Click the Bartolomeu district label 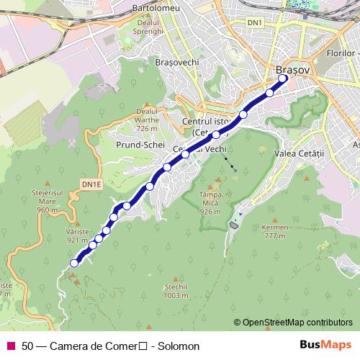click(x=155, y=8)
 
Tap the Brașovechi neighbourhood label click(x=176, y=63)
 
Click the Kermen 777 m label click(x=275, y=231)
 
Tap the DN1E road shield click(x=91, y=184)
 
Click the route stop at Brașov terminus click(x=283, y=79)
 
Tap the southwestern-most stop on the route click(x=73, y=264)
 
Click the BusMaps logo click(x=325, y=346)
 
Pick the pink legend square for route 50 click(x=10, y=346)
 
